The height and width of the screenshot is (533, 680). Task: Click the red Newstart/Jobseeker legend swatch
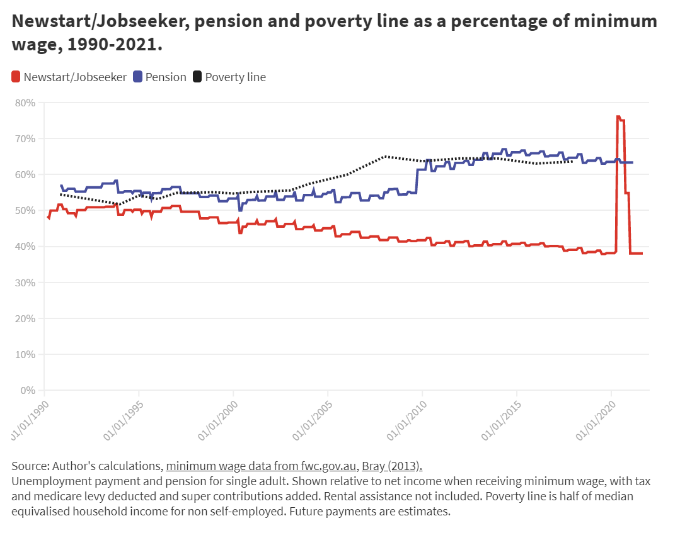(x=16, y=77)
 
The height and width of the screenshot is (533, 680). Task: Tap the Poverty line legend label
(x=235, y=77)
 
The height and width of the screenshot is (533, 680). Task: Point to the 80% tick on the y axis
(x=26, y=103)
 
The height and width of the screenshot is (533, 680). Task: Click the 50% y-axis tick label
(x=26, y=211)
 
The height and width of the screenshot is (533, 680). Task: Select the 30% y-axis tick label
(x=26, y=283)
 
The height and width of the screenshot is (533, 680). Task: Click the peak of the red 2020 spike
(x=618, y=116)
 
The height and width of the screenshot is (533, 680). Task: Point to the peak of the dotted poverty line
(x=385, y=156)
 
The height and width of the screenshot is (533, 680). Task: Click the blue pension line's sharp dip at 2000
(x=240, y=210)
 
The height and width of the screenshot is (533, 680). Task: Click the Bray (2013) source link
(x=391, y=466)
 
